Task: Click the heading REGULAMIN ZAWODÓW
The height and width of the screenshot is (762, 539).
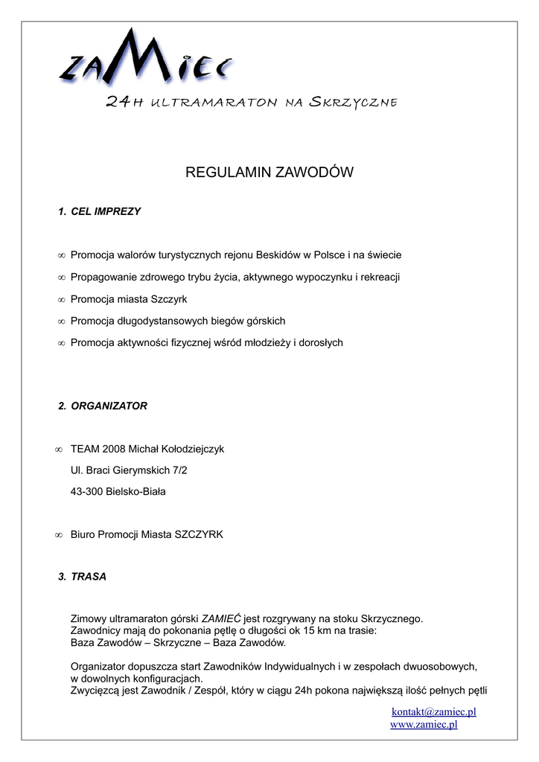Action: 269,173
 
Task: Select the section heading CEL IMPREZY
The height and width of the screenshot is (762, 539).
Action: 106,211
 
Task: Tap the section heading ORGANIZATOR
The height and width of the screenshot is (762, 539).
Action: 109,406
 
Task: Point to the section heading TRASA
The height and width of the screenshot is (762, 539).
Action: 89,577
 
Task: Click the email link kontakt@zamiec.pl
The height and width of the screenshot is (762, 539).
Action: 434,712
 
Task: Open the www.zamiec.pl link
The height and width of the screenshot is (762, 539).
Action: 424,724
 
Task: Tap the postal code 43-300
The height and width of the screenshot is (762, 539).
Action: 86,491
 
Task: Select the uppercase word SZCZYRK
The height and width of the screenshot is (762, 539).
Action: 199,534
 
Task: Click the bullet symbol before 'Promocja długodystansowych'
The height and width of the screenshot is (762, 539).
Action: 61,321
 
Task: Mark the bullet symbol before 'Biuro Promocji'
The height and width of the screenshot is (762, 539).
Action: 59,535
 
